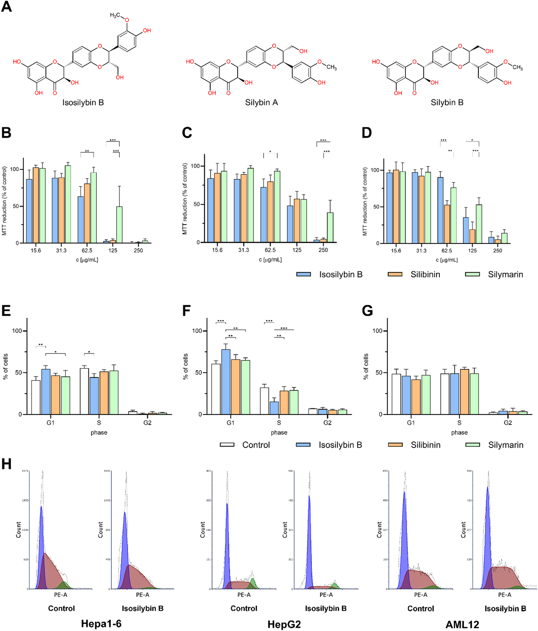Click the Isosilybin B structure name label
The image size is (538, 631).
(x=83, y=102)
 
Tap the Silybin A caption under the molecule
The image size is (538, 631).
(x=261, y=102)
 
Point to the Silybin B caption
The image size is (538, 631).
(x=447, y=102)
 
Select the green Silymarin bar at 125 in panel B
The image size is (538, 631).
(x=119, y=224)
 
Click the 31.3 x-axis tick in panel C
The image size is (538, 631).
(x=244, y=250)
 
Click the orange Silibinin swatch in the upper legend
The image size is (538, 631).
(x=395, y=274)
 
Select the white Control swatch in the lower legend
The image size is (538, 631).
(x=227, y=445)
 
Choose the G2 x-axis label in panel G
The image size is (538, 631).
(x=508, y=422)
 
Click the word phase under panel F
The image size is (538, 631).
(x=279, y=432)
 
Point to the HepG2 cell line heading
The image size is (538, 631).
(x=284, y=624)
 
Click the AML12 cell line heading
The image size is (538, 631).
(x=462, y=624)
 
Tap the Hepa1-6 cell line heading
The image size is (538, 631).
(x=101, y=624)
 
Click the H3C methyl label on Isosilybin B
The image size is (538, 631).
(x=115, y=16)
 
